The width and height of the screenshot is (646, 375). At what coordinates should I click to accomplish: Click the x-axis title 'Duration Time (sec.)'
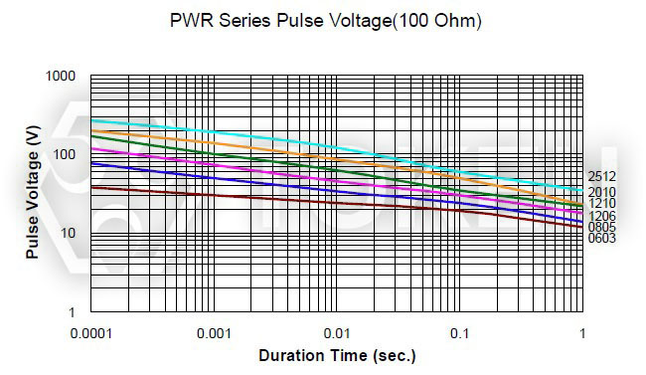(337, 355)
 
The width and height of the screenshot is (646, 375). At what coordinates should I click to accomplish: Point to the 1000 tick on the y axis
(61, 77)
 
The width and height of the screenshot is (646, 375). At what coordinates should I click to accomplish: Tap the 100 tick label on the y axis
(65, 155)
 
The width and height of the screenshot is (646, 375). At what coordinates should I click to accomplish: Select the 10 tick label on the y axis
(69, 234)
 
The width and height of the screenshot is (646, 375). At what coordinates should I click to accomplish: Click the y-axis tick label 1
(73, 312)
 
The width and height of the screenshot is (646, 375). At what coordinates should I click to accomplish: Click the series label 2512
(601, 177)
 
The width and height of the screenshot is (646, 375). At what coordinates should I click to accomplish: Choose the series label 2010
(601, 192)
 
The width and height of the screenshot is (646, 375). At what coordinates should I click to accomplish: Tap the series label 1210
(601, 204)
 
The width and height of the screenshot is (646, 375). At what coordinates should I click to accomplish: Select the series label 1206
(601, 216)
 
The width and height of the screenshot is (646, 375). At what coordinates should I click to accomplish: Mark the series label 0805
(601, 228)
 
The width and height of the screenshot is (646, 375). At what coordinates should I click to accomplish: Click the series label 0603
(601, 239)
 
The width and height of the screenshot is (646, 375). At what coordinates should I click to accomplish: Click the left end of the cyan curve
(91, 119)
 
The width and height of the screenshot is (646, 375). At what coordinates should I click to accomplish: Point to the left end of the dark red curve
(91, 187)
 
